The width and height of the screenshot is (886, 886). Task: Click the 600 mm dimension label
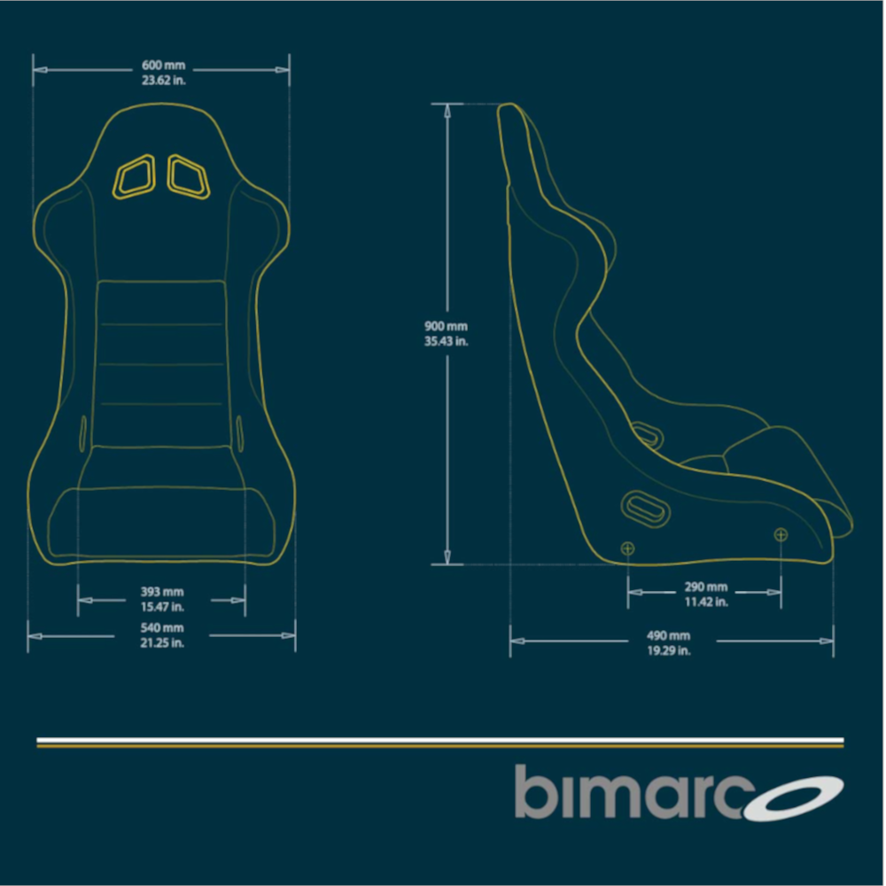click(163, 66)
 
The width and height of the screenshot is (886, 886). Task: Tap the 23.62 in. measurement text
click(163, 81)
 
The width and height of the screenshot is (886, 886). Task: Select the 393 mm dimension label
click(162, 592)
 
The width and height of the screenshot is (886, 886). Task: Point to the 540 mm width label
click(162, 628)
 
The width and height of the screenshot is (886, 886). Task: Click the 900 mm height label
click(446, 326)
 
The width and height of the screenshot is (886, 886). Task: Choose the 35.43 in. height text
click(446, 341)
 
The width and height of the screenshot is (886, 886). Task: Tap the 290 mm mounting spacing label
click(706, 587)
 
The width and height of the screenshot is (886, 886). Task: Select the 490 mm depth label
click(668, 635)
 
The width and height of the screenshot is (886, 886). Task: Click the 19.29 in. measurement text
click(668, 650)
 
